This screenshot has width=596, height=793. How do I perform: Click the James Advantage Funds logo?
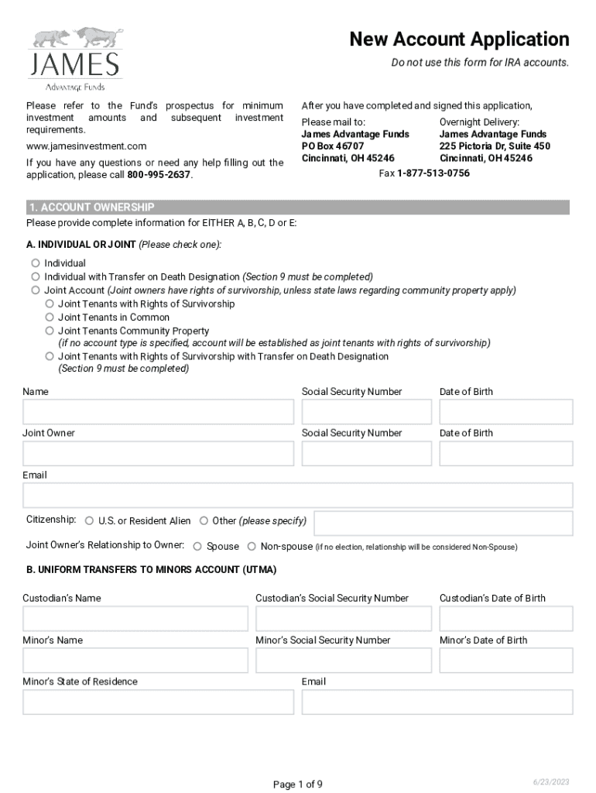click(x=75, y=60)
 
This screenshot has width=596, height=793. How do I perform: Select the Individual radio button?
click(x=36, y=263)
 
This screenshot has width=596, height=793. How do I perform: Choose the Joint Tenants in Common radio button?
click(x=50, y=318)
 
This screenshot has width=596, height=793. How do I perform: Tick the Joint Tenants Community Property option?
click(x=50, y=331)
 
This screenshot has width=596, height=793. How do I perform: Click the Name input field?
click(x=158, y=412)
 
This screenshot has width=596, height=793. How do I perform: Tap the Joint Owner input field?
click(x=158, y=454)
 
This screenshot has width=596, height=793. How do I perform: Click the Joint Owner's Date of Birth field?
click(x=505, y=454)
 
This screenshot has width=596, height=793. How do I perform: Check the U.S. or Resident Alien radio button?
click(x=90, y=521)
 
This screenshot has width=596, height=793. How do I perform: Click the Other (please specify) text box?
click(x=443, y=523)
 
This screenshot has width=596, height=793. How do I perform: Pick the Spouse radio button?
click(x=197, y=547)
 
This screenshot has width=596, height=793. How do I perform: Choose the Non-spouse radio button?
click(x=252, y=547)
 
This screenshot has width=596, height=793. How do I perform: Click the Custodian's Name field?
click(x=135, y=619)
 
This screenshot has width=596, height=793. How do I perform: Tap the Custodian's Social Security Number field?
click(x=343, y=619)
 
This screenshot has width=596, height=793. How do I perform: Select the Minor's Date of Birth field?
click(x=505, y=661)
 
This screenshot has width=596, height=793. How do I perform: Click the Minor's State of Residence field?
click(x=158, y=702)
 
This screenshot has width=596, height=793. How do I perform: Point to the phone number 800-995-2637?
click(x=159, y=175)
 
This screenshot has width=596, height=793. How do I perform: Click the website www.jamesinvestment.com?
click(x=86, y=146)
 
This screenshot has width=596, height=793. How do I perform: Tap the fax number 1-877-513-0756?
click(x=433, y=173)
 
